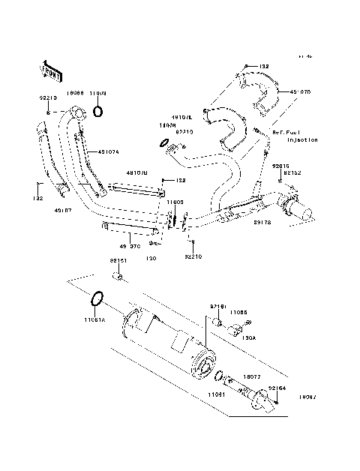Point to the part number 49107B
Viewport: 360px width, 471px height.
(x=137, y=173)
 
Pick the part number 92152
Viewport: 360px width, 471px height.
(x=292, y=172)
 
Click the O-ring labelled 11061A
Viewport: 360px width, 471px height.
(x=95, y=300)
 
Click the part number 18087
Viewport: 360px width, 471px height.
(x=307, y=394)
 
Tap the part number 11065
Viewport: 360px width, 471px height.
(x=238, y=310)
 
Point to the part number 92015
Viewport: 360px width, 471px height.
(x=280, y=165)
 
